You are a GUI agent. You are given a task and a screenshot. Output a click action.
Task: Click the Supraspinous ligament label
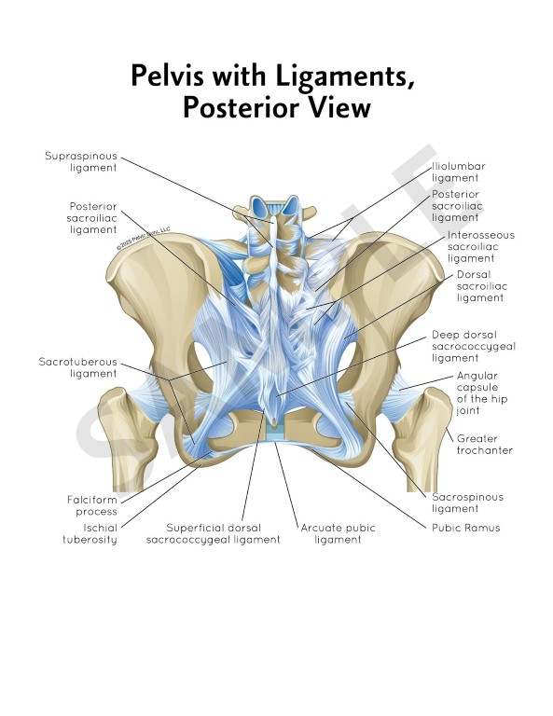(x=81, y=161)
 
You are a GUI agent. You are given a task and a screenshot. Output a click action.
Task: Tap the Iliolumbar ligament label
(x=459, y=172)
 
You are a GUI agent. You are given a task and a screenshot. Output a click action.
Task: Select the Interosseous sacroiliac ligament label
(x=481, y=246)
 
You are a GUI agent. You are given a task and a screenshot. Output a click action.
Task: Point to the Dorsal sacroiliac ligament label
(x=482, y=286)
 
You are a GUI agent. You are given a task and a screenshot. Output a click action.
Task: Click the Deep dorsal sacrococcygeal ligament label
(x=474, y=347)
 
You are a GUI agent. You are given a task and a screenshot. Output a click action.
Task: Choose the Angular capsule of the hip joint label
(x=482, y=393)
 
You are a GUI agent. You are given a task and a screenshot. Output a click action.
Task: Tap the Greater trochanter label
(x=485, y=445)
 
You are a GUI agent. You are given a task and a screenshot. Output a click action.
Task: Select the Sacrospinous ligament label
(x=467, y=503)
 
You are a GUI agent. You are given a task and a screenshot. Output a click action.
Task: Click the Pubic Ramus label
(x=465, y=528)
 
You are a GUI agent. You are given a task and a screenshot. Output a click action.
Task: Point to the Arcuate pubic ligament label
(x=338, y=533)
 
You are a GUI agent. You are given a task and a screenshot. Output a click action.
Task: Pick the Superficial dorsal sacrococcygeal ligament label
(x=213, y=533)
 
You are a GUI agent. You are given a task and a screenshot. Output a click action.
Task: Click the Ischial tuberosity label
(x=90, y=533)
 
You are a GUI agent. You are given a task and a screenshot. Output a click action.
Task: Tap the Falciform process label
(x=91, y=505)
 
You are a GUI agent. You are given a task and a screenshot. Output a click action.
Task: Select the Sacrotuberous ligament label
(x=77, y=367)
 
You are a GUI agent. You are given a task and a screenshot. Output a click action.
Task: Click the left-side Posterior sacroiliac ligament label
(x=91, y=218)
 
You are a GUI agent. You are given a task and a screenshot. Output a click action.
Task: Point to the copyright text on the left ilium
(x=143, y=238)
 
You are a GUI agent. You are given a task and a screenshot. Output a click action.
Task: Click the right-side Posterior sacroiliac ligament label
(x=457, y=206)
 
